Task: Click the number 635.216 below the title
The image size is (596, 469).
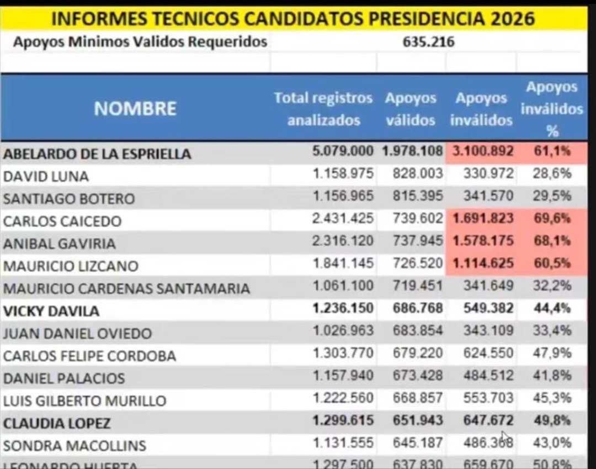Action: click(x=429, y=42)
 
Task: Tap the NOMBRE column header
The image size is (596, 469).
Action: click(x=135, y=108)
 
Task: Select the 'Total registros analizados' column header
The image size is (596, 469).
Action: click(x=323, y=109)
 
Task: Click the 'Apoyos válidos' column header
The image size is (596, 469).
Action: click(x=411, y=109)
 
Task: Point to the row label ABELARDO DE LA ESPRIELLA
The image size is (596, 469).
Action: click(x=97, y=154)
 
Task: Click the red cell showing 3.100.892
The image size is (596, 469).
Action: click(x=481, y=151)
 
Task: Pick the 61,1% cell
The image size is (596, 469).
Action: click(x=552, y=151)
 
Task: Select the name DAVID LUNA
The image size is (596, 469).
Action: click(x=46, y=176)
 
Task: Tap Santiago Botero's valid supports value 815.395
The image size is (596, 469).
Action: click(x=418, y=196)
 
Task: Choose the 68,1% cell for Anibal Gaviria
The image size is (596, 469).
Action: click(x=552, y=241)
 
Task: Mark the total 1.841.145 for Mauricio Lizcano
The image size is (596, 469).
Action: click(x=343, y=264)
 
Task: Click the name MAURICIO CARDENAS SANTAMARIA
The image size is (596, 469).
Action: click(x=126, y=288)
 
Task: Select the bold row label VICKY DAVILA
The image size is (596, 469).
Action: click(x=51, y=311)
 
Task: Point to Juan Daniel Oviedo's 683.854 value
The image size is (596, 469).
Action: click(x=418, y=331)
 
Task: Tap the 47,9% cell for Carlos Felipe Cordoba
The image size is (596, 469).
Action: click(x=552, y=354)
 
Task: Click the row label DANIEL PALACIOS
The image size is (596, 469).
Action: click(x=64, y=378)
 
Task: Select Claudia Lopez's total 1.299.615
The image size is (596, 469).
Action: click(x=343, y=421)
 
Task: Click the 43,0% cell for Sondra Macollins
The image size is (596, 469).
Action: click(x=552, y=443)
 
